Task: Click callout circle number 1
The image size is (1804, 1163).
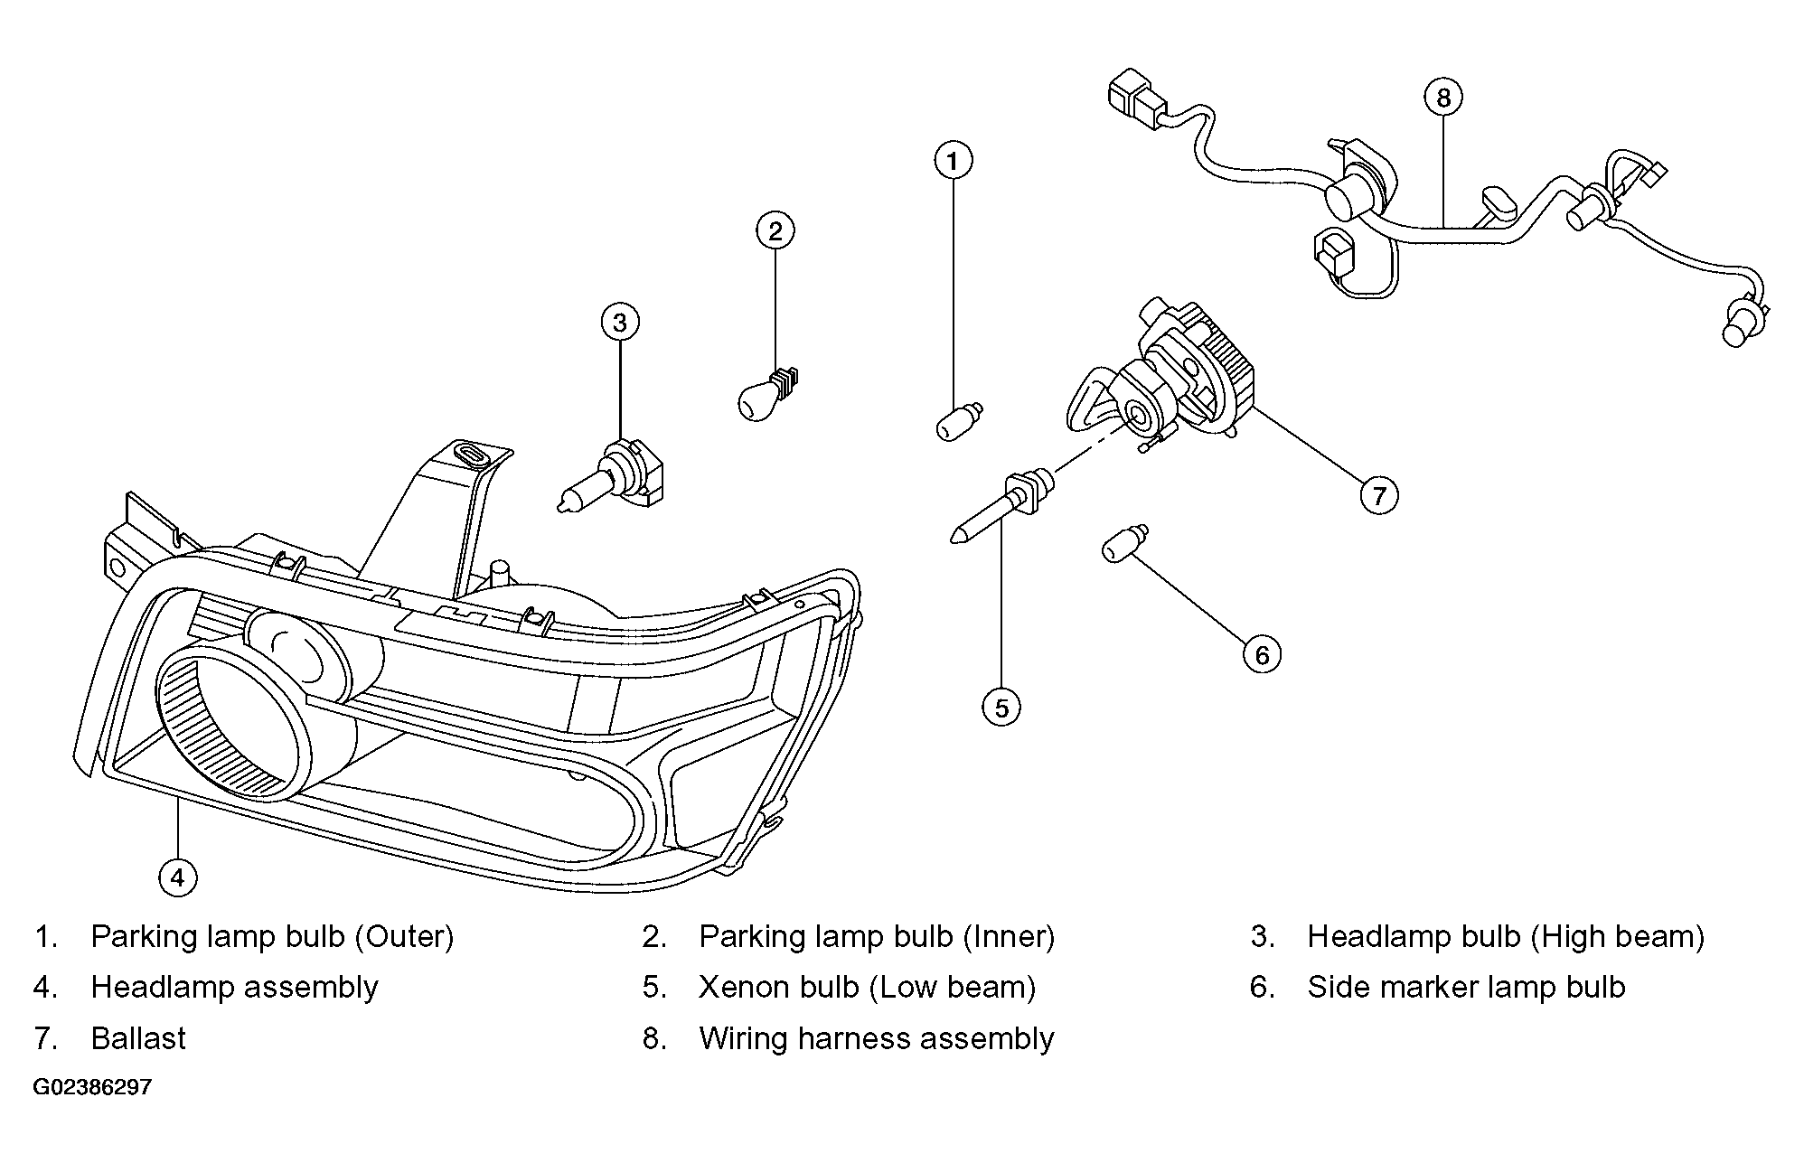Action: click(x=953, y=162)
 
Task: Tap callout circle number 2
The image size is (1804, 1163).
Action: click(x=775, y=231)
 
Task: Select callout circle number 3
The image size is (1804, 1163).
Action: click(x=620, y=323)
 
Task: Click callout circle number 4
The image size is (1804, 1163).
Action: click(x=177, y=877)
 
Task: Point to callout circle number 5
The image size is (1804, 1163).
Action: click(x=1001, y=708)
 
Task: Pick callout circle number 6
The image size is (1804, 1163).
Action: click(x=1262, y=654)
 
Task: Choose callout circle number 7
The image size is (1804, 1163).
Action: click(x=1379, y=495)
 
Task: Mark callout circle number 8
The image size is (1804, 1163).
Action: click(x=1442, y=98)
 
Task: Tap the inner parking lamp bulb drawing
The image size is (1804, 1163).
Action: click(x=769, y=395)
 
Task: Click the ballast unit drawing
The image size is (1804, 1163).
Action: click(x=1166, y=380)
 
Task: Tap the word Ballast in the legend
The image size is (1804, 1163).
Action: click(x=138, y=1038)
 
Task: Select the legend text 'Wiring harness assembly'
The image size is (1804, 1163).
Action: click(x=877, y=1039)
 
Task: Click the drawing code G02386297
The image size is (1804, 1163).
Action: click(x=92, y=1087)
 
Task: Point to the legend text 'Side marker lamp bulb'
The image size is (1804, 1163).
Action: click(x=1466, y=987)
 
